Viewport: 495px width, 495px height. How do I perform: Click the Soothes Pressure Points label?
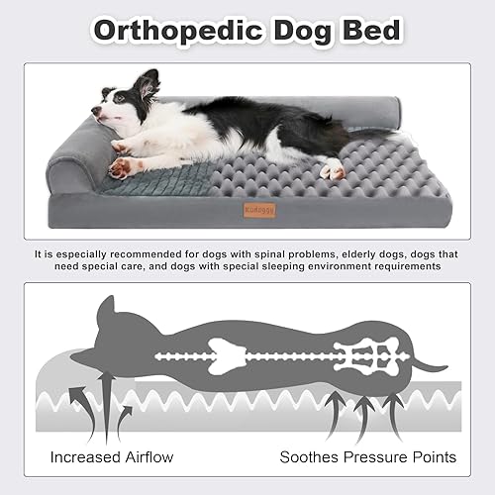click(369, 457)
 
